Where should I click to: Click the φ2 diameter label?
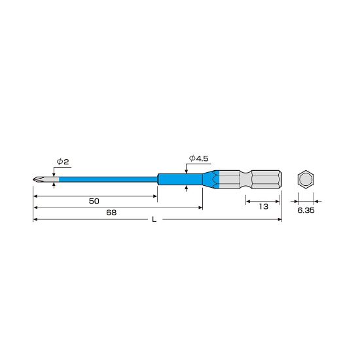pyautogui.click(x=63, y=162)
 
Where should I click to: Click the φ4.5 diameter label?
pyautogui.click(x=198, y=158)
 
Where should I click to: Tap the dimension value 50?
pyautogui.click(x=94, y=201)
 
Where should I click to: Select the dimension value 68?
pyautogui.click(x=111, y=212)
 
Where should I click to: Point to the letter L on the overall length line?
pyautogui.click(x=154, y=219)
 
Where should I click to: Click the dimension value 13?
pyautogui.click(x=264, y=207)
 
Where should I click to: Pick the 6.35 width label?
pyautogui.click(x=306, y=210)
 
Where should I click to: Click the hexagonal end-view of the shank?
pyautogui.click(x=306, y=179)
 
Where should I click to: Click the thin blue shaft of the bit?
pyautogui.click(x=109, y=179)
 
